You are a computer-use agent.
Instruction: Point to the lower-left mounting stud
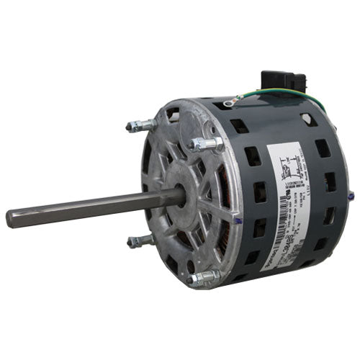pyautogui.click(x=139, y=242)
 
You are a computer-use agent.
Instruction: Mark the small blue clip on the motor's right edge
pyautogui.click(x=351, y=194)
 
